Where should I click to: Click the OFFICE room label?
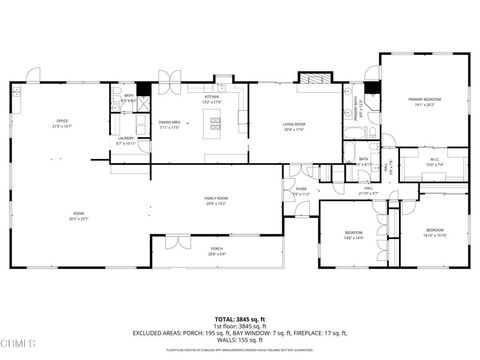(x=61, y=124)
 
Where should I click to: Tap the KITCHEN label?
(x=212, y=98)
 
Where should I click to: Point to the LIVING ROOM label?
(x=294, y=125)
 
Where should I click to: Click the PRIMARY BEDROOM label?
(x=424, y=101)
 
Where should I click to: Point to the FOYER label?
(x=300, y=190)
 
